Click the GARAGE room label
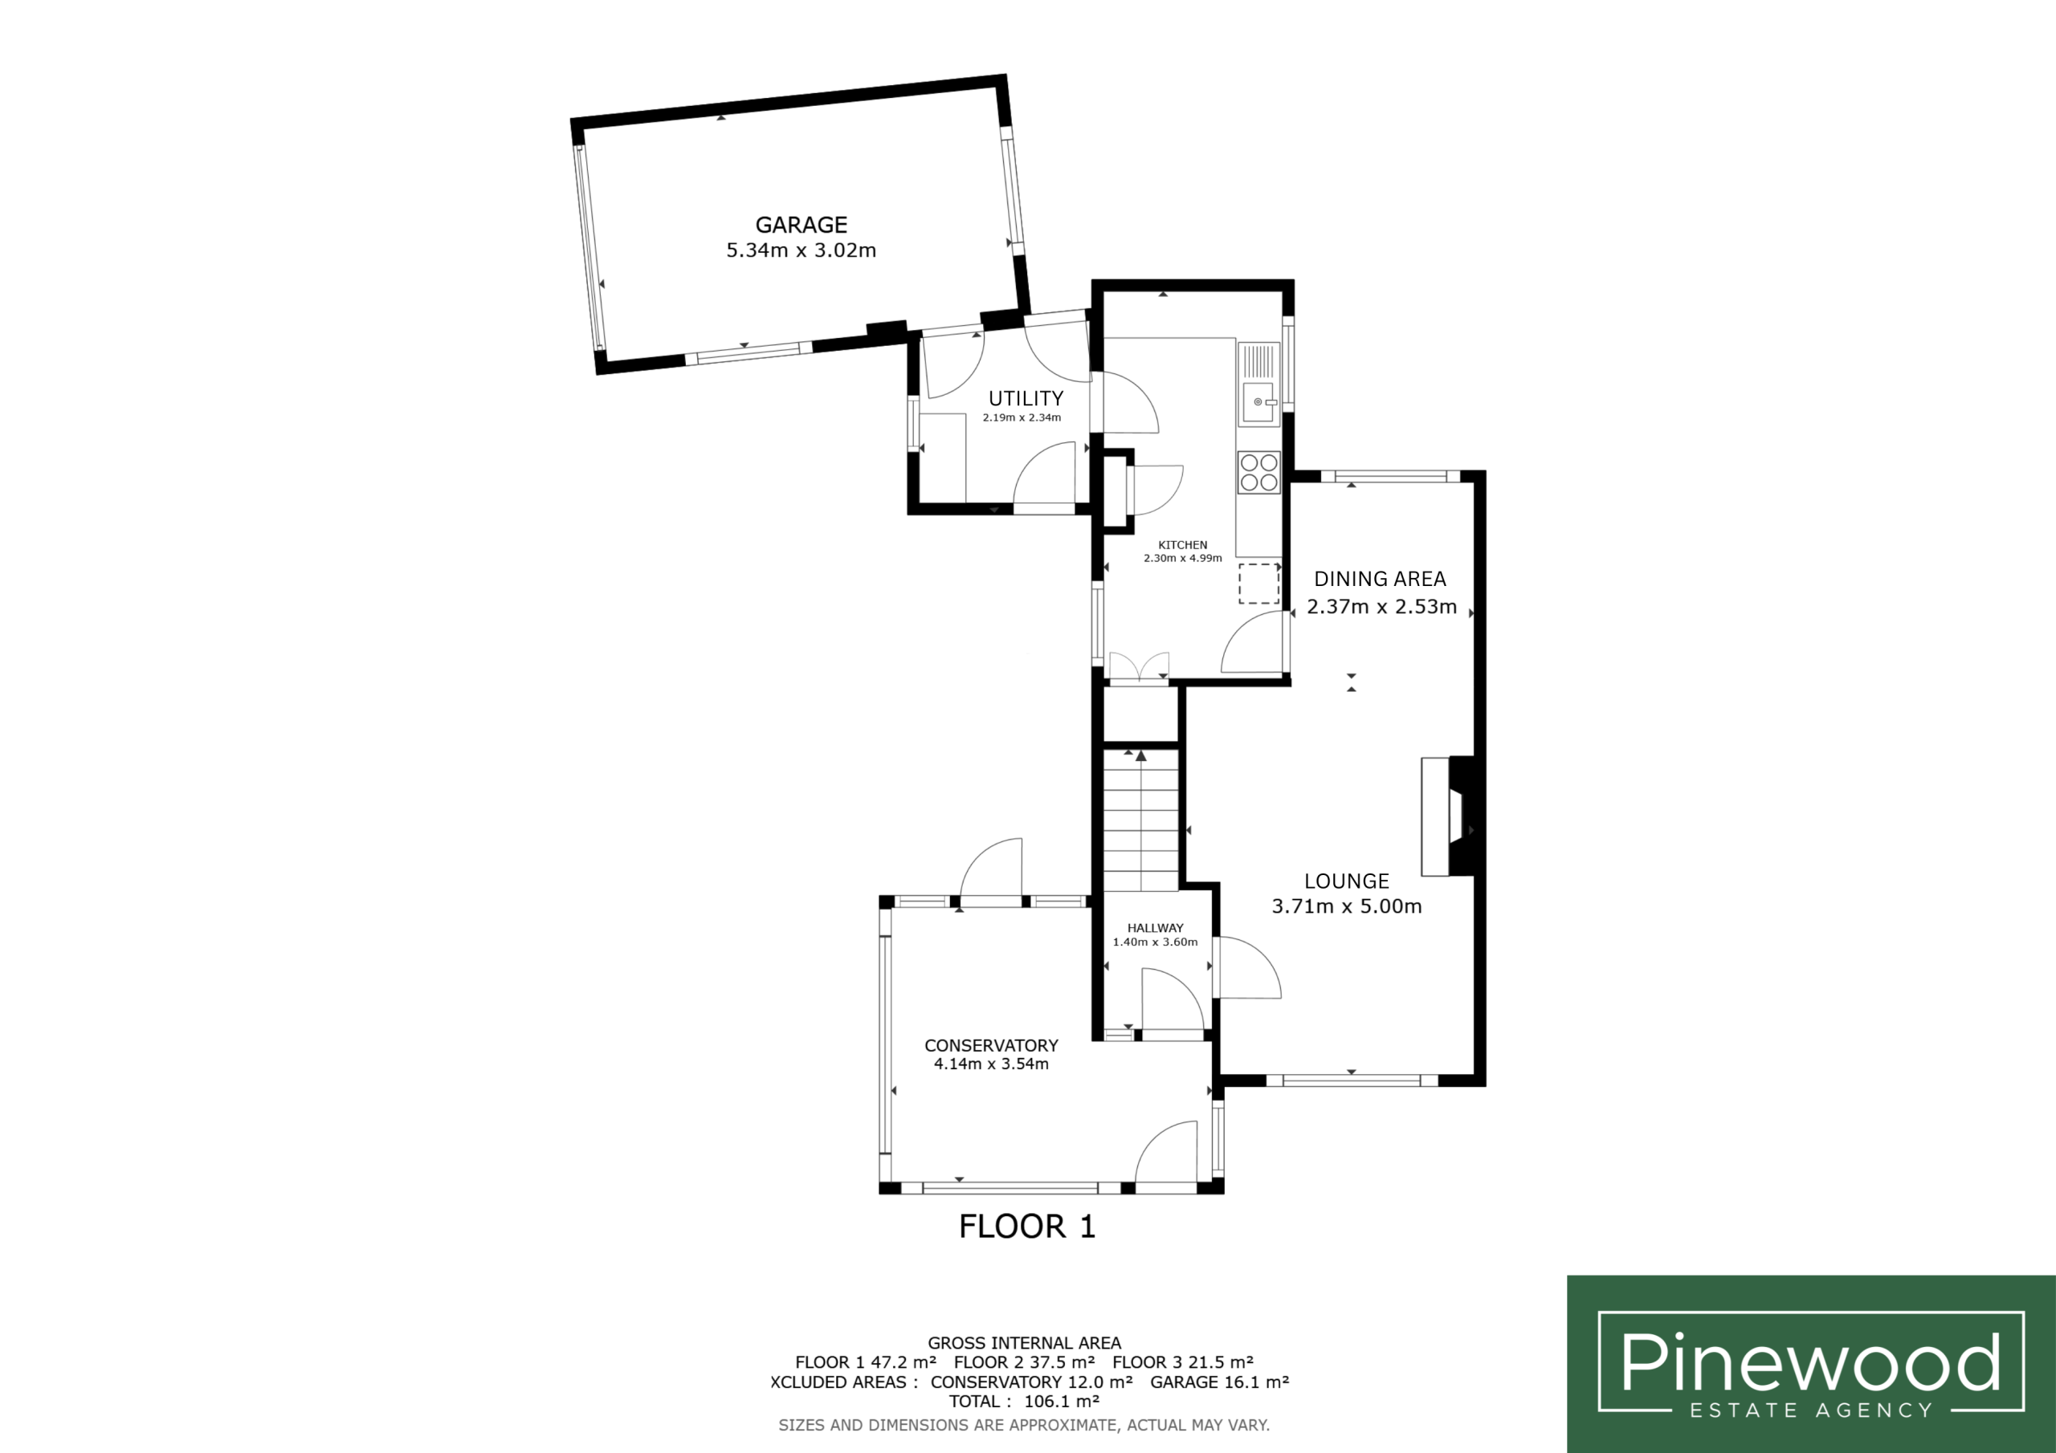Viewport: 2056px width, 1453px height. click(x=801, y=225)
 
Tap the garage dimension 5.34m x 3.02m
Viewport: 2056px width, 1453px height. click(x=801, y=250)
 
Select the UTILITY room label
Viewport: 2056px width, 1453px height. click(x=1026, y=398)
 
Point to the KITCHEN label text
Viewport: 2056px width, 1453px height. click(x=1182, y=544)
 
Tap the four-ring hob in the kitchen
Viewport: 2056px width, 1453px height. click(x=1258, y=473)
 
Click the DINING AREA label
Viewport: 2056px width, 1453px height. click(x=1379, y=580)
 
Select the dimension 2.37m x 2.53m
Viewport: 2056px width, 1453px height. click(x=1381, y=607)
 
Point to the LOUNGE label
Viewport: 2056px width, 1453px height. click(x=1346, y=881)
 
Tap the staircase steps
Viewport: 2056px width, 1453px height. click(x=1140, y=821)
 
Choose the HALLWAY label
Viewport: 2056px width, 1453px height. click(x=1155, y=928)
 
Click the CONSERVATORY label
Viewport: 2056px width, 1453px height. click(x=991, y=1046)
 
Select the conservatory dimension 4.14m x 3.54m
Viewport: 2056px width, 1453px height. click(x=991, y=1064)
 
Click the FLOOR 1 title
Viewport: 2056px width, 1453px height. click(x=1027, y=1227)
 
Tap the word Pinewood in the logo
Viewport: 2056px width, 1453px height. click(x=1810, y=1362)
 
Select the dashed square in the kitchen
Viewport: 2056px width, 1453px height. click(x=1258, y=584)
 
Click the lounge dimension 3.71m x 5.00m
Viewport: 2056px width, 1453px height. click(x=1347, y=906)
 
